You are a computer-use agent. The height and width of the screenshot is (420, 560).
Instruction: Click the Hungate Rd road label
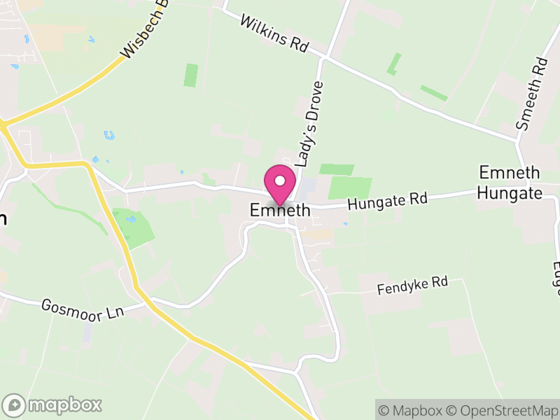pos(387,202)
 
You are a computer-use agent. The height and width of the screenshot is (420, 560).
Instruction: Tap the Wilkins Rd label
pos(274,33)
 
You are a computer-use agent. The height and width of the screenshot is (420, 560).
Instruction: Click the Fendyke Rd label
pos(412,285)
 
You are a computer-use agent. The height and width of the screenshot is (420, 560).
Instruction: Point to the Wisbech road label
pos(147,29)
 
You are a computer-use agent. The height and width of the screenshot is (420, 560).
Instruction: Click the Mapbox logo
pos(52,405)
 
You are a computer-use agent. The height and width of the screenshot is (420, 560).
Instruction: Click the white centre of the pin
pos(280,181)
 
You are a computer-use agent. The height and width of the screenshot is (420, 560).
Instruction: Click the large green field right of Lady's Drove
pos(350,188)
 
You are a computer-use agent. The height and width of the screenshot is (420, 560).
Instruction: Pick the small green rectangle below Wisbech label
pos(190,75)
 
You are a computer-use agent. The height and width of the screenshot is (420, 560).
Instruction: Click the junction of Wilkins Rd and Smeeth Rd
pos(518,140)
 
